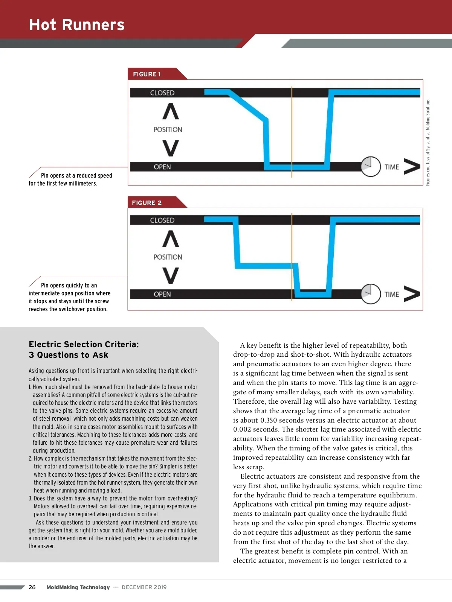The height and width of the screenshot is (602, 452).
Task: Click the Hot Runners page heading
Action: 77,25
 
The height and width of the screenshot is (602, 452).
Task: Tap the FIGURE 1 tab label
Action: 147,74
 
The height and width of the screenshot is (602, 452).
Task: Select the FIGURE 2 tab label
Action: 147,203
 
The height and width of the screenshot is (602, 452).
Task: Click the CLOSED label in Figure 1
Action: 162,93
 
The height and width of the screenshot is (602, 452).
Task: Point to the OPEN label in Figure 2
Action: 162,294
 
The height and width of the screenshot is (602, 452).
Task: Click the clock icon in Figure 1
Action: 371,166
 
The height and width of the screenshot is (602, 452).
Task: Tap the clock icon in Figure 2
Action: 371,294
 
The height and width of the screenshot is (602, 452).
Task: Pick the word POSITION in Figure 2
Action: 168,257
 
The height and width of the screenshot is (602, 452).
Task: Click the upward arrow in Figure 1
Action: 171,111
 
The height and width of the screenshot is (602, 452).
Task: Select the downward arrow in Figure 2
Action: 171,275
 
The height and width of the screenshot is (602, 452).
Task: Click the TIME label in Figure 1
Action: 392,167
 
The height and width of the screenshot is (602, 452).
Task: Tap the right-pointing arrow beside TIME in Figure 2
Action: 412,294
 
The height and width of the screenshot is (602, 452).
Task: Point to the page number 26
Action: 32,587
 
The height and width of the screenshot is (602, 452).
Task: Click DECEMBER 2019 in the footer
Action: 144,587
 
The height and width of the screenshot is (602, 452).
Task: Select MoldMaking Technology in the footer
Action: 78,587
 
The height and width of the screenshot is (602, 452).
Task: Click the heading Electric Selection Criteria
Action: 84,344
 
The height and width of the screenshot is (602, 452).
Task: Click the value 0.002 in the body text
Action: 244,429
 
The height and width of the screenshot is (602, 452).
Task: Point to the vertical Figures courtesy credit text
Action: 428,142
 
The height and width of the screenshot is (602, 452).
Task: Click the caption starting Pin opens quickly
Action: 69,297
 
